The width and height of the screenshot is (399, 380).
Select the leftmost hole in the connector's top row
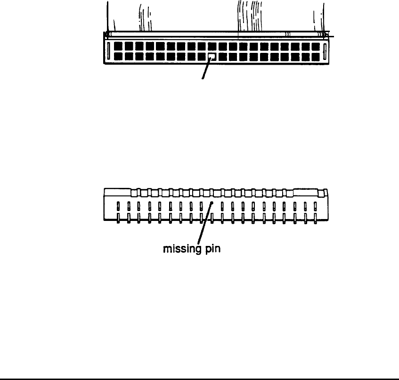click(118, 46)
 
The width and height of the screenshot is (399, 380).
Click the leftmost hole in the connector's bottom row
click(118, 57)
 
